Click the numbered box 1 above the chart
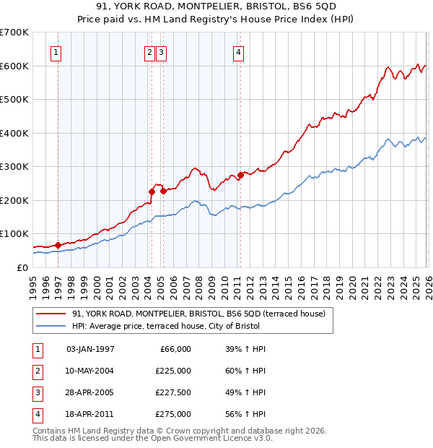pyautogui.click(x=56, y=52)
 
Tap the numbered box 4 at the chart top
pyautogui.click(x=237, y=52)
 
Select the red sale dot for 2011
pyautogui.click(x=240, y=175)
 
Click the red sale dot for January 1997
pyautogui.click(x=58, y=245)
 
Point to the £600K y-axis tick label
pyautogui.click(x=14, y=66)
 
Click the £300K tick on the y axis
pyautogui.click(x=14, y=166)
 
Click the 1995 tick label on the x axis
pyautogui.click(x=33, y=282)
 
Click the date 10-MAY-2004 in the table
pyautogui.click(x=90, y=371)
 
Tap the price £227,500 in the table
pyautogui.click(x=172, y=394)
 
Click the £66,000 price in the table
pyautogui.click(x=174, y=349)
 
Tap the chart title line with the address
pyautogui.click(x=216, y=7)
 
